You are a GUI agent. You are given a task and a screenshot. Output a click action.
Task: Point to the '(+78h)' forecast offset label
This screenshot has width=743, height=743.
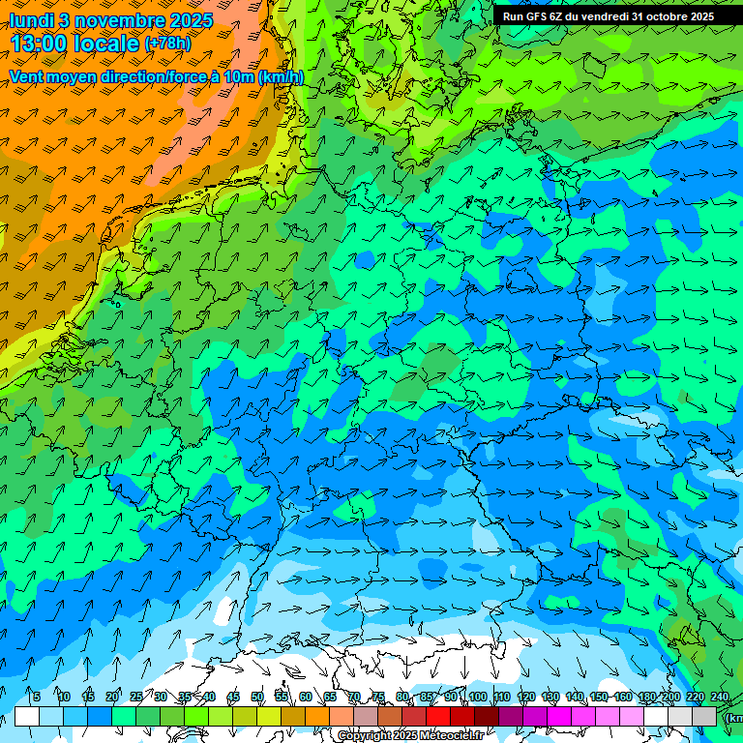[167, 44]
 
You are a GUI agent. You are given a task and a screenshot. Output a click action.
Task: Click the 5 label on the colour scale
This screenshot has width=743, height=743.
[36, 697]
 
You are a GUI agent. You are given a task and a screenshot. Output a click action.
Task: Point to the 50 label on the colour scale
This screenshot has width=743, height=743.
[257, 697]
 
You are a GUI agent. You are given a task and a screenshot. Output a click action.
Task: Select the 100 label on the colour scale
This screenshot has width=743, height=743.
[477, 697]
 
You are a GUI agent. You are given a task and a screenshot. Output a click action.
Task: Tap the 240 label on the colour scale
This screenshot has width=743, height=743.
[719, 697]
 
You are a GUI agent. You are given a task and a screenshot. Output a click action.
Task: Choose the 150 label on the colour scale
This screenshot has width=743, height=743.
[599, 697]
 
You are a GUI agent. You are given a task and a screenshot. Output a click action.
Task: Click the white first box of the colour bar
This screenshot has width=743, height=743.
[27, 716]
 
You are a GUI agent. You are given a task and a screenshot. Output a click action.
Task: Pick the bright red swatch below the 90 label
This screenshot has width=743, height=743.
[438, 716]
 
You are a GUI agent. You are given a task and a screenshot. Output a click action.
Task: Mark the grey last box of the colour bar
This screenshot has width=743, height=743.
[704, 716]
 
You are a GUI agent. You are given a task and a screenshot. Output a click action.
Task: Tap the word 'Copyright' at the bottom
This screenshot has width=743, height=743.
[364, 736]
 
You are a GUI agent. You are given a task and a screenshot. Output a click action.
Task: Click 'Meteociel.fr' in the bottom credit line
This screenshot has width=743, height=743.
[451, 736]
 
